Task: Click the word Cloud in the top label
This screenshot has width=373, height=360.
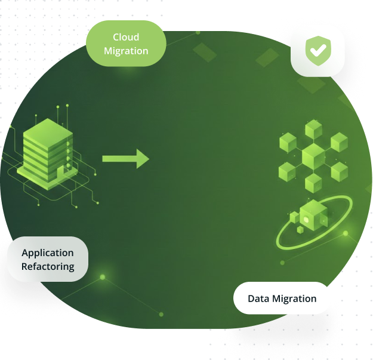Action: click(126, 38)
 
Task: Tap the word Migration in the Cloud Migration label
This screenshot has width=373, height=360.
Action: click(126, 51)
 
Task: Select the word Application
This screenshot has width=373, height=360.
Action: click(48, 253)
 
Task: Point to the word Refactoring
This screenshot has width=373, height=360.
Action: click(48, 266)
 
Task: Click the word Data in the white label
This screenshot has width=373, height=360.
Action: click(258, 299)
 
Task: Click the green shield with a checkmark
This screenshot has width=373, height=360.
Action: click(317, 51)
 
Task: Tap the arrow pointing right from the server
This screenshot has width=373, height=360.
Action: click(125, 159)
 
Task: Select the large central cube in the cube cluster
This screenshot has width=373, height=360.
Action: click(313, 157)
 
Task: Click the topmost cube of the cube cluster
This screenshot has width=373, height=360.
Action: click(313, 128)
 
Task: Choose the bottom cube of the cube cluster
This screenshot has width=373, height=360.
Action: click(313, 183)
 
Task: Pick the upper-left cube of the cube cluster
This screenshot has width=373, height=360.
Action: click(288, 142)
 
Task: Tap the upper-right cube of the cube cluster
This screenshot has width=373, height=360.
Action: click(339, 142)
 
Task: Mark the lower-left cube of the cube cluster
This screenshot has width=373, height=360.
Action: click(287, 172)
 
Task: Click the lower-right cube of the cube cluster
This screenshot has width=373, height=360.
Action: click(339, 172)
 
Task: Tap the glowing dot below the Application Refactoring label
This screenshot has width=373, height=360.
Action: click(103, 277)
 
